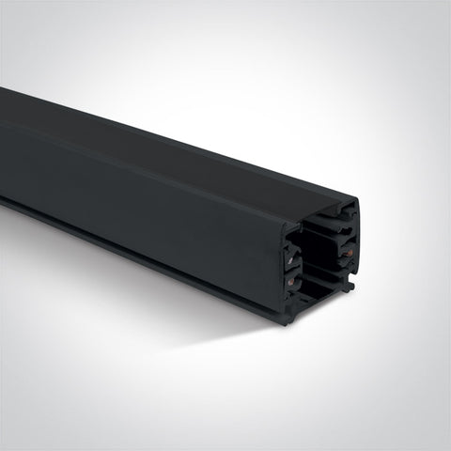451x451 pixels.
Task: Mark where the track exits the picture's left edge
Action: tap(3, 150)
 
